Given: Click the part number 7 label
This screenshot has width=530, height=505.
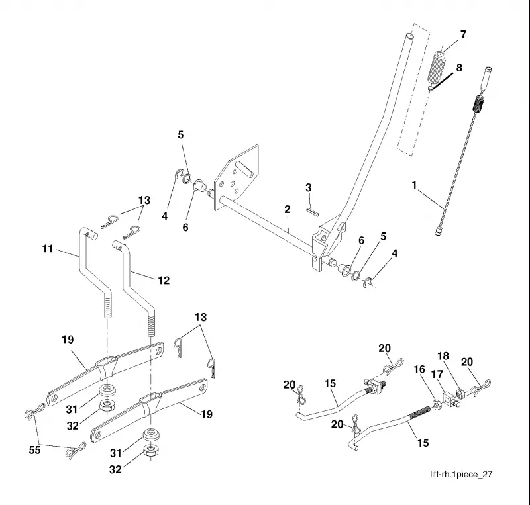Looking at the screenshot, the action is (463, 34).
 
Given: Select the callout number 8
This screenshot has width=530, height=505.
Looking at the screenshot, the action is (459, 68).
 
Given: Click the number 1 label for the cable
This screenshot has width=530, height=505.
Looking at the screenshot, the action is (415, 185).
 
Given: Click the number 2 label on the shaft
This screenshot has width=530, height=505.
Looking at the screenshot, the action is (288, 209).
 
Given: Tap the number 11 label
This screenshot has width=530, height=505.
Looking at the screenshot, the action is (48, 249).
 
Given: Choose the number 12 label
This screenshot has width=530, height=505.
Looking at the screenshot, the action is (164, 281).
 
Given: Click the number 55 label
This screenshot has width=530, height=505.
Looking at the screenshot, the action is (35, 450).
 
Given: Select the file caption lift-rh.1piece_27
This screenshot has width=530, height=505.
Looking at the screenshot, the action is (461, 475).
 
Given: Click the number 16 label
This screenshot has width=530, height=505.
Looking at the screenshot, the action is (419, 369).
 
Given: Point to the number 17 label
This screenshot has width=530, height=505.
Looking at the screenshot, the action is (437, 375).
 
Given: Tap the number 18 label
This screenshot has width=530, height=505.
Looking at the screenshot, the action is (443, 356).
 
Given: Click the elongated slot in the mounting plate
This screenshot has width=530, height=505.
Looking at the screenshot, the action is (244, 168).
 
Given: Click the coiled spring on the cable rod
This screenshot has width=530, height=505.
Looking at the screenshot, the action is (478, 104).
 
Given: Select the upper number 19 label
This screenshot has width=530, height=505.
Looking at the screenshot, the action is (68, 340).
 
